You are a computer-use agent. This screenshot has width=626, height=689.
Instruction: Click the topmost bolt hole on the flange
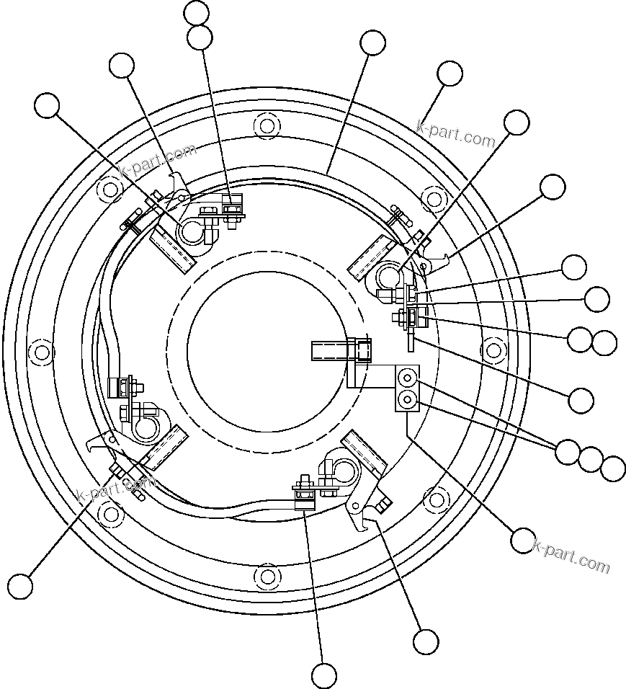click(x=267, y=126)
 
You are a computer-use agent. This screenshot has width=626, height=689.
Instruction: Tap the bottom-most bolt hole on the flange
click(x=267, y=577)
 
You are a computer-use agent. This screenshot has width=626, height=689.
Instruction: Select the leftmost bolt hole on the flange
click(x=42, y=352)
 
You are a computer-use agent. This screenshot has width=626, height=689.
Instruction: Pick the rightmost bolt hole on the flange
click(x=493, y=351)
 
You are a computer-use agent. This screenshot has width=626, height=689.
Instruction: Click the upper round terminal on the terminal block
click(x=408, y=377)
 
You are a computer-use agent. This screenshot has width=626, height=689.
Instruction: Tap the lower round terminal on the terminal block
click(x=408, y=399)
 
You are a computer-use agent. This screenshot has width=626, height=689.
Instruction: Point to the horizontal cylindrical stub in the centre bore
click(x=339, y=352)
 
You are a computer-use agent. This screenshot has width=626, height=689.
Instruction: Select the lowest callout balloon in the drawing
click(x=324, y=675)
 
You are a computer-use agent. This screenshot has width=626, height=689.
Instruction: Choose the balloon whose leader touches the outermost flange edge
click(x=450, y=74)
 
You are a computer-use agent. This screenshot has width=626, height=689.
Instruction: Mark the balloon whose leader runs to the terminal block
click(x=523, y=539)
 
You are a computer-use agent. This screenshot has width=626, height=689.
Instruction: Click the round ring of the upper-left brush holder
click(x=193, y=231)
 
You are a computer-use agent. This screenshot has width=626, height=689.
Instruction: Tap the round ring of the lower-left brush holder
click(x=145, y=429)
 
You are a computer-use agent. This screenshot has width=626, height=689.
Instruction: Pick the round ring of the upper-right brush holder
click(x=389, y=275)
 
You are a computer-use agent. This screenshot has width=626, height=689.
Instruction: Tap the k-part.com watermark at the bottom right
click(x=571, y=557)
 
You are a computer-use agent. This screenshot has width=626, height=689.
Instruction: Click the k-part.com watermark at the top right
click(x=456, y=133)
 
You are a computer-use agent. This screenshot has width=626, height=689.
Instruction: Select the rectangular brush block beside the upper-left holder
click(x=173, y=246)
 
